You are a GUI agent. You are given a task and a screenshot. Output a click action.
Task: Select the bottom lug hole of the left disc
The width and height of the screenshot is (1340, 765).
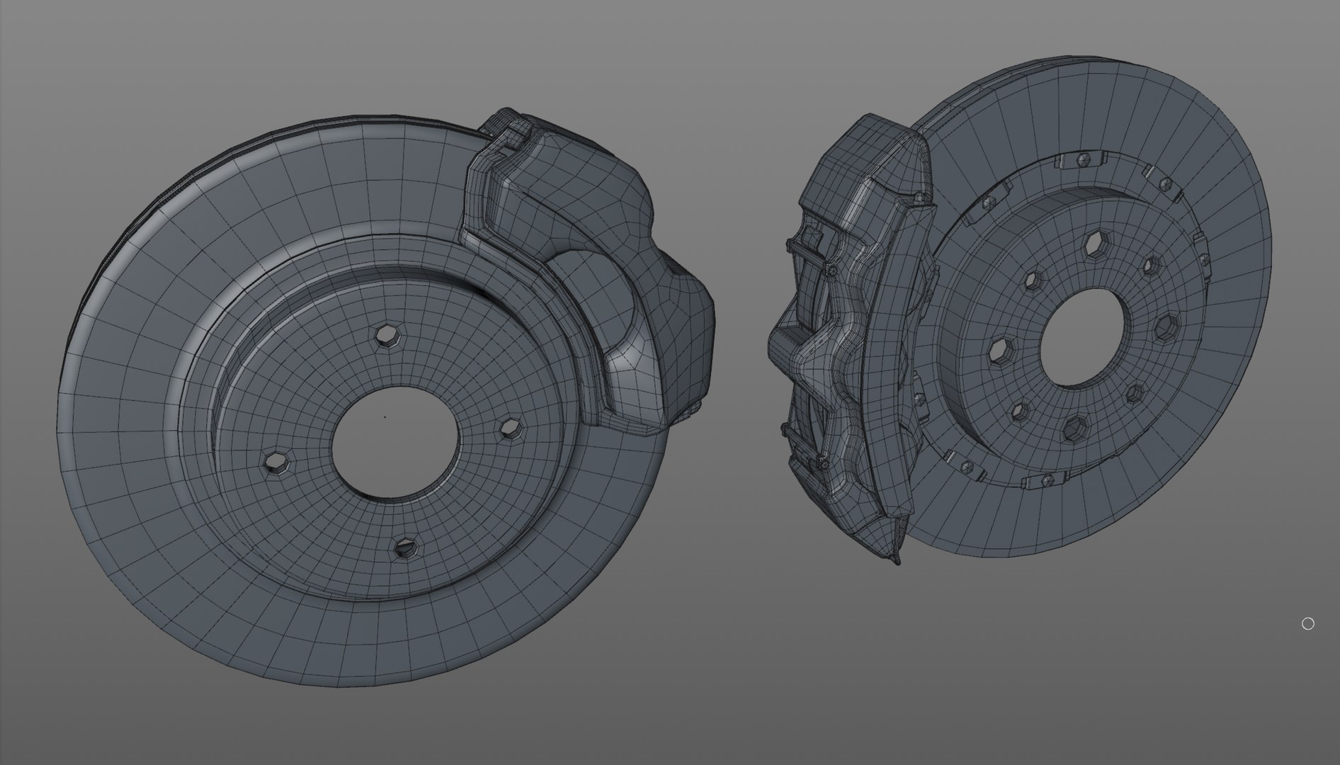[405, 546]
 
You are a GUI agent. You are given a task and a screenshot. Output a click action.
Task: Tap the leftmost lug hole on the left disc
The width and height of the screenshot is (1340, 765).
[276, 462]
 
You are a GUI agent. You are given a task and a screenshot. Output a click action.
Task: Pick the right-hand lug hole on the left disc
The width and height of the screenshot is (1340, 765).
[510, 428]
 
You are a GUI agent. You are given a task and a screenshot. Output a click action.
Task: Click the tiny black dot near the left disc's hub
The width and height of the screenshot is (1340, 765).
[385, 416]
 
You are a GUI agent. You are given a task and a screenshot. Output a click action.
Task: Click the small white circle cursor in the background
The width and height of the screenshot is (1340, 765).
[1307, 623]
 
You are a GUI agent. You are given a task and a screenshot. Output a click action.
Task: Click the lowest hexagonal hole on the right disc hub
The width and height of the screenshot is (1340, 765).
[1076, 427]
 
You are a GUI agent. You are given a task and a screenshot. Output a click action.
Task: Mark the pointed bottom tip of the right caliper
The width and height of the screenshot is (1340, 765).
[896, 562]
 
